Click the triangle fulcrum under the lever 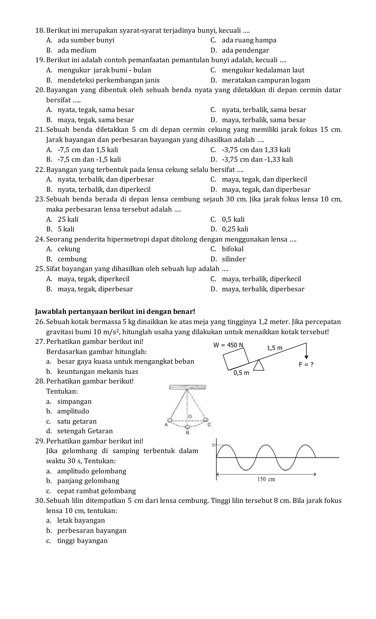(x=258, y=366)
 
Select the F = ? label (x=306, y=364)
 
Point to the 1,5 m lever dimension (x=274, y=348)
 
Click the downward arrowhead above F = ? (x=306, y=357)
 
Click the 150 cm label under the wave (x=266, y=479)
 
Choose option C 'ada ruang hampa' (x=249, y=40)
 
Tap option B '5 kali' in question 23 (x=66, y=229)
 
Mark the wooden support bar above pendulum (x=187, y=387)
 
